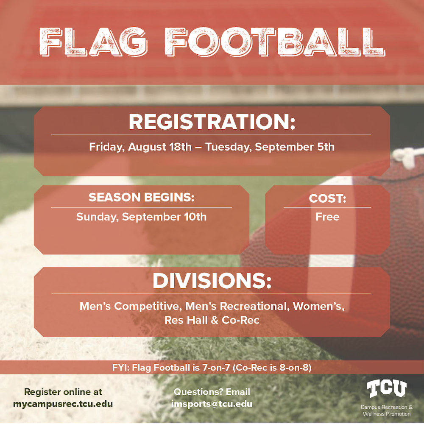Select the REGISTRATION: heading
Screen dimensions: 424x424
pyautogui.click(x=212, y=122)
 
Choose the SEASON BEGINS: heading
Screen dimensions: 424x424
pyautogui.click(x=141, y=198)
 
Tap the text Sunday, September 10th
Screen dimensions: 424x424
pyautogui.click(x=141, y=217)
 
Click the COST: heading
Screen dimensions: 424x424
pyautogui.click(x=327, y=198)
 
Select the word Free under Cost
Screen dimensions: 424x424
pyautogui.click(x=327, y=217)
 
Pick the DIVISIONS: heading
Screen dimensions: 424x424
pyautogui.click(x=212, y=281)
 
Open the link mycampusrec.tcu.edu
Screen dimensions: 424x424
pyautogui.click(x=63, y=404)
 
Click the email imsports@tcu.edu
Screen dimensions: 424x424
pyautogui.click(x=212, y=404)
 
